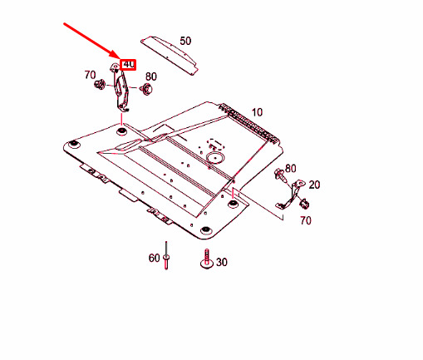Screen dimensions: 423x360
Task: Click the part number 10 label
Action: coord(257,112)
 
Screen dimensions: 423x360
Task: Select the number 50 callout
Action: coord(185,41)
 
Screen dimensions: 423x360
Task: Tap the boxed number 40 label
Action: coord(129,65)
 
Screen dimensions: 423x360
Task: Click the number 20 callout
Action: coord(314,185)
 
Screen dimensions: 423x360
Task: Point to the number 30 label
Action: coord(221,262)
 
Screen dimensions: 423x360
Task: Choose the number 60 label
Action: coord(154,258)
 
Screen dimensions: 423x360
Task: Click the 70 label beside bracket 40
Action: coord(90,75)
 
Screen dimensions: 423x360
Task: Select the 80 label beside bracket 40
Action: coord(151,76)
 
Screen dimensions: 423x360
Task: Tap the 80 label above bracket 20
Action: coord(290,169)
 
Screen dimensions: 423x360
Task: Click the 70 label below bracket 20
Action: coord(306,220)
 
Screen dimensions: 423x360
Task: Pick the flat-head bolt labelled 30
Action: coord(207,259)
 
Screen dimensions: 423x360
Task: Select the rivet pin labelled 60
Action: coord(166,255)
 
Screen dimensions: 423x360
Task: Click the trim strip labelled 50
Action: coord(170,55)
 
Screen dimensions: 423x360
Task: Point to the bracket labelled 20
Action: coord(291,195)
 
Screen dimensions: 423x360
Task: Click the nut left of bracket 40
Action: coord(100,84)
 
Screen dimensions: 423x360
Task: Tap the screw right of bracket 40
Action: coord(146,89)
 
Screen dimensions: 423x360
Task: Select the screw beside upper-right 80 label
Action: coord(279,175)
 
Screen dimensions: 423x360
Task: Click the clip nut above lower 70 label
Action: coord(304,204)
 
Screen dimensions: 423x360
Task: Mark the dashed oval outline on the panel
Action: coord(216,145)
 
